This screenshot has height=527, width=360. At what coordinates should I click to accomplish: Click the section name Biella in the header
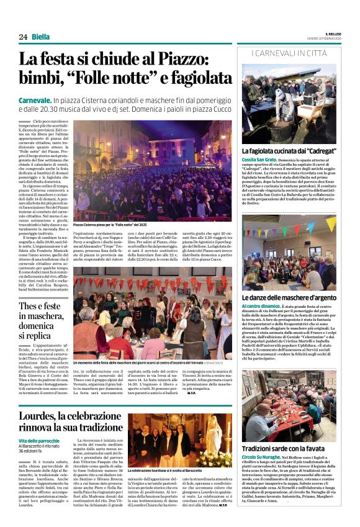[x=42, y=37]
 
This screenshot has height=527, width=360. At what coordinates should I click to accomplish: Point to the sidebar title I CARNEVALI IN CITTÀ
[x=289, y=55]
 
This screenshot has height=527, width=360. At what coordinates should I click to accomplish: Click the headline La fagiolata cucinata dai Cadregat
[x=288, y=151]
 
